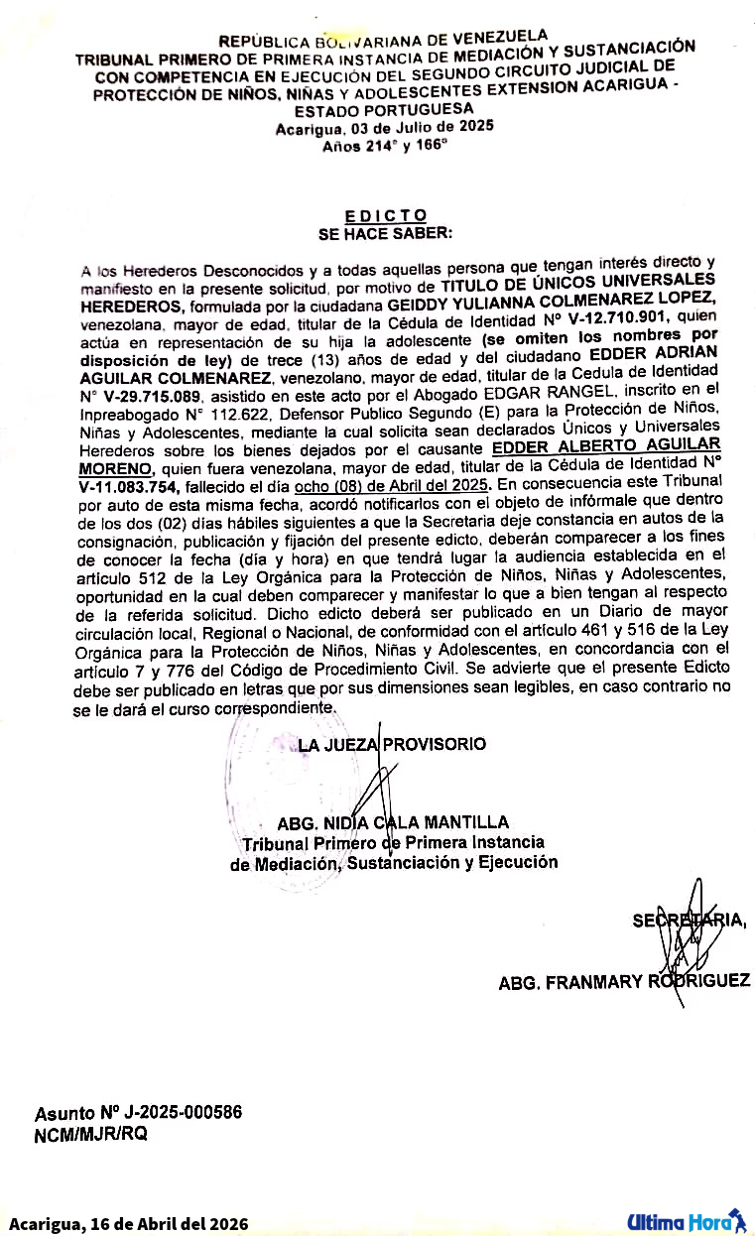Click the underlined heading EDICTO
[x=386, y=215]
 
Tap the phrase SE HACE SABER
[x=385, y=234]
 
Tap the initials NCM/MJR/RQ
[x=91, y=1135]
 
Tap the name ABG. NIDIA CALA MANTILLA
[x=394, y=822]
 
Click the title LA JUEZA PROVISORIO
[x=393, y=743]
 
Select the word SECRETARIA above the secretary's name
[x=690, y=921]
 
